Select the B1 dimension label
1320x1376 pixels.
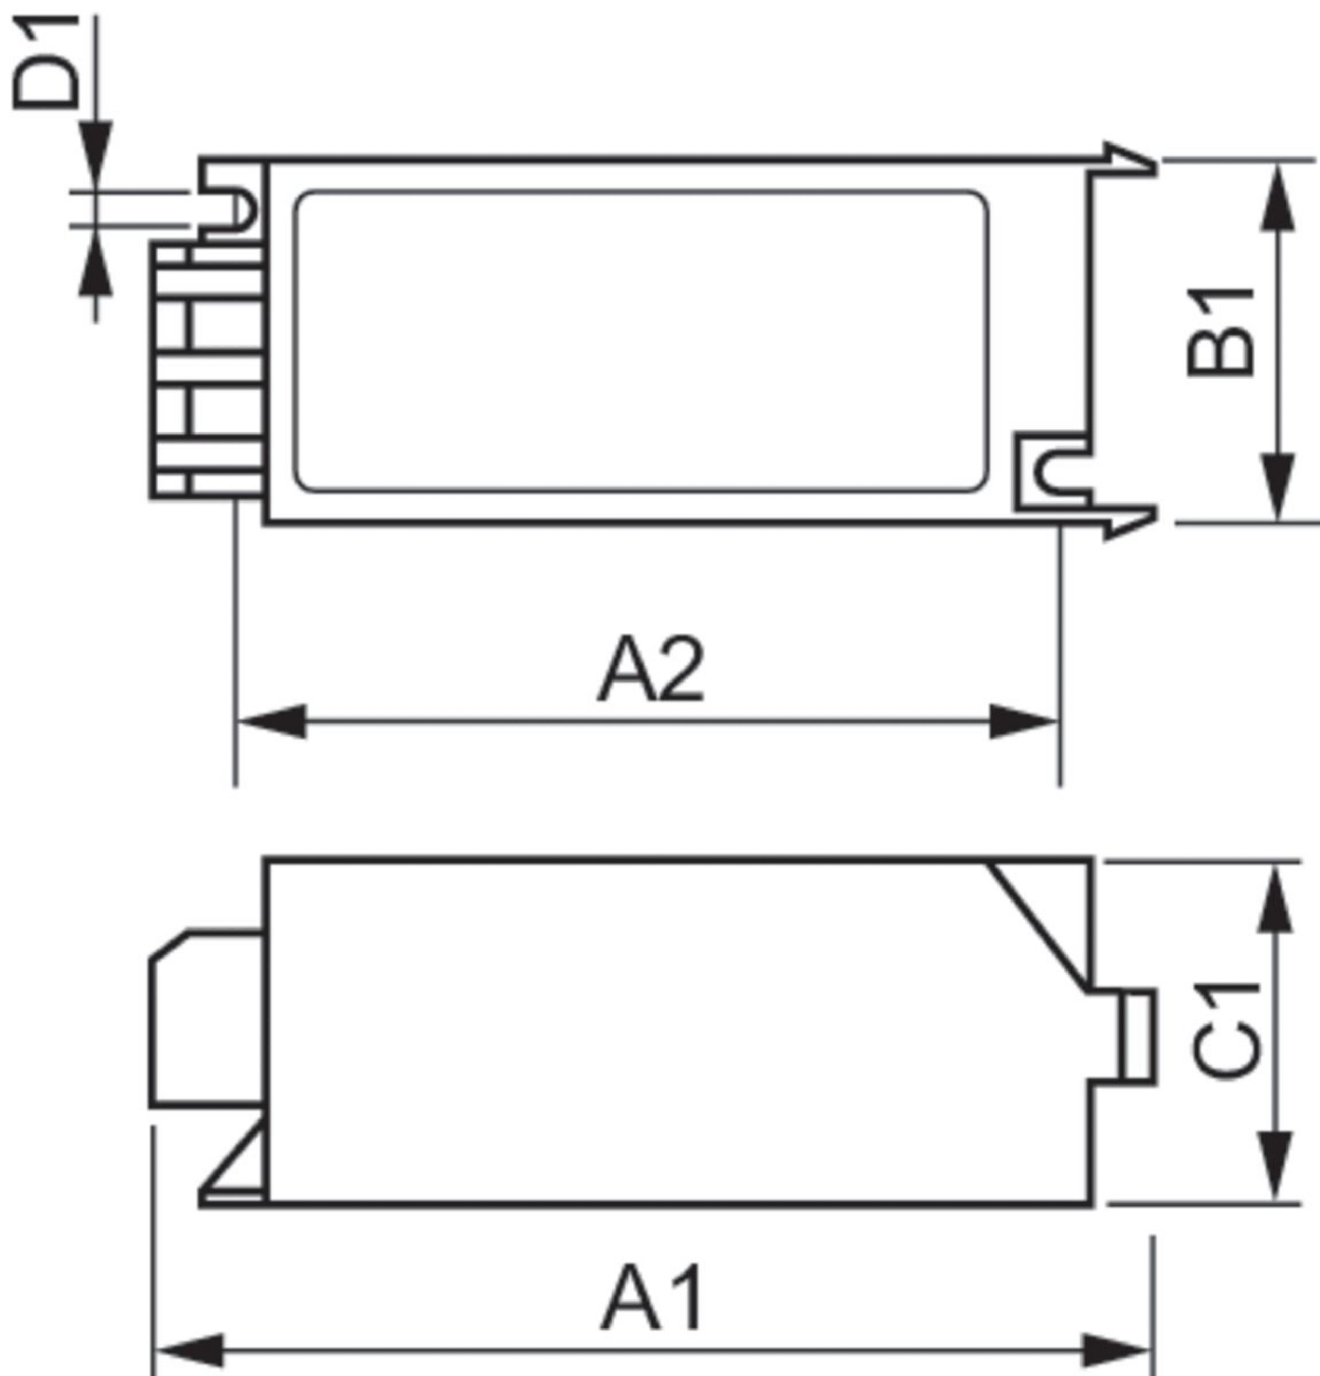point(1219,331)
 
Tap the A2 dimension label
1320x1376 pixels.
point(651,669)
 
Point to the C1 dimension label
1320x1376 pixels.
point(1224,1032)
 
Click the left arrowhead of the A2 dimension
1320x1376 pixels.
point(273,721)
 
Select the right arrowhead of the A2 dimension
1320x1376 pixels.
point(1023,721)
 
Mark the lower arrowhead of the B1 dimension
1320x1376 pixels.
point(1277,487)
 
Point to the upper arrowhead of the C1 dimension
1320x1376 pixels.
point(1274,900)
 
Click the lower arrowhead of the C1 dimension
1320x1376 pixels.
point(1274,1166)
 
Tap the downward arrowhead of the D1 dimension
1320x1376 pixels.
point(96,154)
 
